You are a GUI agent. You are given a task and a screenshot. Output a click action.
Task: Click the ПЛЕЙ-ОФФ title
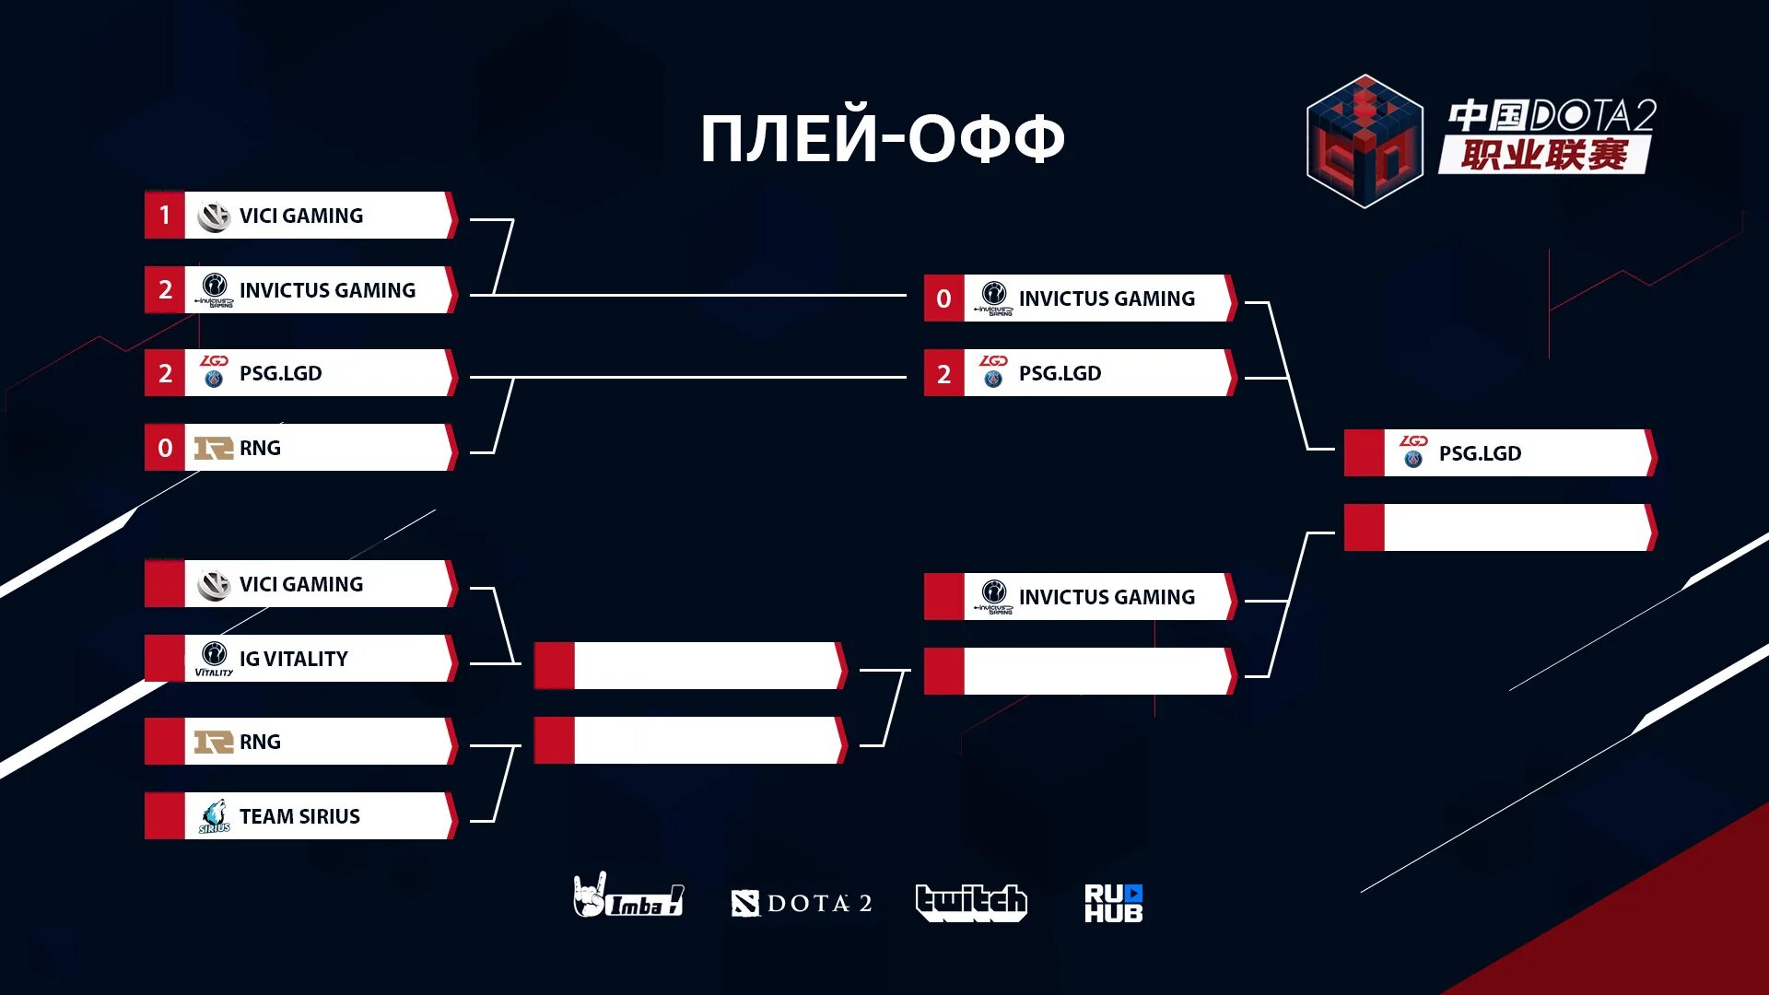tap(883, 138)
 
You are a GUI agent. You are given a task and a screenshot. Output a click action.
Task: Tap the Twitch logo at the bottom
tap(971, 902)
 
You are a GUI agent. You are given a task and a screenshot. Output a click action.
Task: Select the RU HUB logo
tap(1113, 903)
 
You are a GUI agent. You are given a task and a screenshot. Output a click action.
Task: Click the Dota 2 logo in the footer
tap(802, 903)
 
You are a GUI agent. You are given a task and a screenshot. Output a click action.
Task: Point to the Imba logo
tap(628, 896)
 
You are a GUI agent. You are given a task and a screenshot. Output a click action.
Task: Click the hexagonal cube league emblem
tap(1365, 141)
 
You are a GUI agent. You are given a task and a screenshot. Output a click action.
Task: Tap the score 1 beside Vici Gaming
tap(165, 216)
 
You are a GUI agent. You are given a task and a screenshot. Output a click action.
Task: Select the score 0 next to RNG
tap(165, 448)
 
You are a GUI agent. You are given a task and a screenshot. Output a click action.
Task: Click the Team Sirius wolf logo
tap(215, 816)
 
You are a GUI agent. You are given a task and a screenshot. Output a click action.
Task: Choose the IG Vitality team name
tap(294, 659)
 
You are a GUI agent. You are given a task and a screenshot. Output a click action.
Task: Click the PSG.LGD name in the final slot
tap(1480, 453)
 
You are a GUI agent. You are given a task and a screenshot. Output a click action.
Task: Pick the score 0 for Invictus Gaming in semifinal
tap(943, 298)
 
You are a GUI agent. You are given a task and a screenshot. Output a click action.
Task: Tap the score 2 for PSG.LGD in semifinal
tap(943, 373)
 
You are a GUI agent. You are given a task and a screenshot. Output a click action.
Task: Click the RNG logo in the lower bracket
tap(214, 742)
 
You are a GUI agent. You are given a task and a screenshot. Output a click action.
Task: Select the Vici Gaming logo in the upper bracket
tap(214, 216)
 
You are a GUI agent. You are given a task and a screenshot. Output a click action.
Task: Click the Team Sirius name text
tap(299, 816)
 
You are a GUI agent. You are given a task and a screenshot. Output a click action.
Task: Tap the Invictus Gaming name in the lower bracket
tap(1107, 597)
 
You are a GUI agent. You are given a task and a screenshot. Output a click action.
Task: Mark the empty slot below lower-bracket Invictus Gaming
tap(1096, 672)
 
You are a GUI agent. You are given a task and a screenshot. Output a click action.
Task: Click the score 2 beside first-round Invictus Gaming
tap(165, 290)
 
